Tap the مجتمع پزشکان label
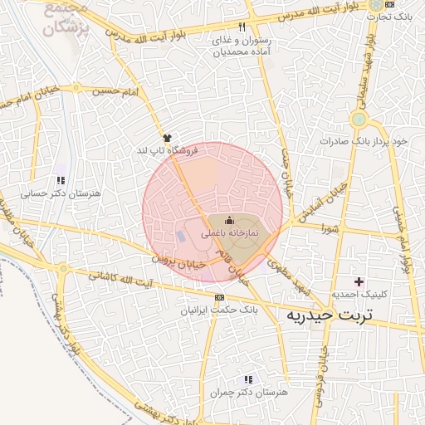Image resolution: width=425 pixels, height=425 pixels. click(x=58, y=18)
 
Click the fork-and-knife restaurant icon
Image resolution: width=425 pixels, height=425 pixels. click(x=242, y=27)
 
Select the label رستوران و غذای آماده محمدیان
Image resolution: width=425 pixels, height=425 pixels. click(x=242, y=46)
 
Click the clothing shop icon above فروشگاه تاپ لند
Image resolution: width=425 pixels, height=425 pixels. click(x=168, y=137)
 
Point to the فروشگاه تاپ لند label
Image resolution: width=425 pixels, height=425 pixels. click(x=168, y=151)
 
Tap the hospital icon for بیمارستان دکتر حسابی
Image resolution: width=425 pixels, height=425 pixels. click(x=60, y=180)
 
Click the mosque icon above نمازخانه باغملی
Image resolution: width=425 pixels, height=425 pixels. click(x=230, y=220)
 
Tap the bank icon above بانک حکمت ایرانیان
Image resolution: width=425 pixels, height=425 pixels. click(x=219, y=297)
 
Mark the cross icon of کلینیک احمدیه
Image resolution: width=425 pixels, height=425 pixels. click(x=359, y=281)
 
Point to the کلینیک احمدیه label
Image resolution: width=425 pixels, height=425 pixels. click(x=358, y=295)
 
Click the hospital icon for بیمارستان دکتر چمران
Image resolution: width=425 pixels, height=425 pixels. click(x=247, y=379)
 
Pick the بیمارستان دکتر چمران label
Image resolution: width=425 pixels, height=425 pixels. click(x=247, y=392)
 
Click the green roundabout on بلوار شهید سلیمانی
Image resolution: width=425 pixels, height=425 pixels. click(x=359, y=120)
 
